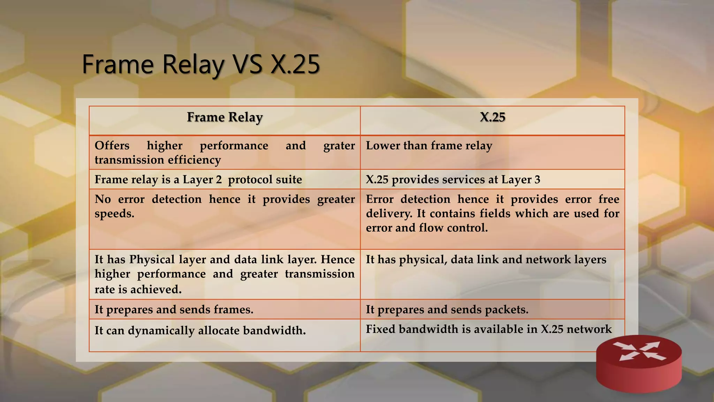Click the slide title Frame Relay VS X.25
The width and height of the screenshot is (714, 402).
(201, 64)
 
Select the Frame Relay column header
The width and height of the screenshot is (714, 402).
(225, 117)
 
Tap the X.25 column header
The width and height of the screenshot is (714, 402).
(492, 117)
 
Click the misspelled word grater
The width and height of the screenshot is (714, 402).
(339, 146)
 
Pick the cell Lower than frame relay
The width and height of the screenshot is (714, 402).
(429, 146)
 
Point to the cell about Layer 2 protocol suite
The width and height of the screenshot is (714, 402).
(198, 179)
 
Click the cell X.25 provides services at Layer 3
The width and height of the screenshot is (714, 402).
(453, 179)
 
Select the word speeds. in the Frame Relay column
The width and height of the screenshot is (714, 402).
(114, 214)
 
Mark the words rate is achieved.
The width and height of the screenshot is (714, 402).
(138, 289)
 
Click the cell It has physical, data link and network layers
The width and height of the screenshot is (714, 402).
(486, 260)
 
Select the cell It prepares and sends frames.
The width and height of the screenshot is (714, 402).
(174, 310)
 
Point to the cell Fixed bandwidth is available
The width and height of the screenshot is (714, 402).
(488, 329)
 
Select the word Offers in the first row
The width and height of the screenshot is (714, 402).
(112, 146)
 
